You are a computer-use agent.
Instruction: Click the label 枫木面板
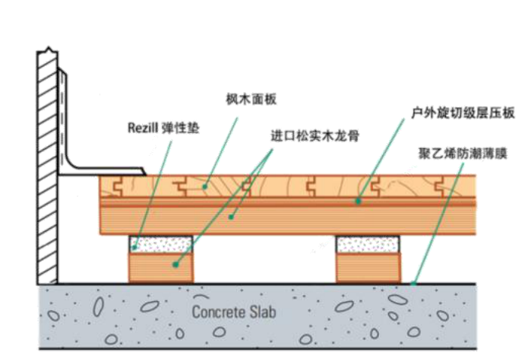251,100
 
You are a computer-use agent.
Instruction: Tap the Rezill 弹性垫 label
163,128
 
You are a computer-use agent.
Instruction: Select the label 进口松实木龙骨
315,136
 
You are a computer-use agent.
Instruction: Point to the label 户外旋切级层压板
463,113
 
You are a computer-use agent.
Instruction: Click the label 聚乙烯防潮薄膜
463,154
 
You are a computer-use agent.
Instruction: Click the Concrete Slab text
234,312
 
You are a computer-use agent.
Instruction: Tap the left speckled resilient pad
160,244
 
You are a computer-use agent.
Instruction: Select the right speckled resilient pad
368,244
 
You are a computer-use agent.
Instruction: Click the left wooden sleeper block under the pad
161,268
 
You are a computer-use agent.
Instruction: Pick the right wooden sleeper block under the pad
368,268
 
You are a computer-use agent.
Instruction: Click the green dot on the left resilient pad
134,248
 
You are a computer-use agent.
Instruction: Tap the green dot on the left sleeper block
175,265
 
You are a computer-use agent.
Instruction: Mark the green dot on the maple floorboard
204,186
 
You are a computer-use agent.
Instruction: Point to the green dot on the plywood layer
359,202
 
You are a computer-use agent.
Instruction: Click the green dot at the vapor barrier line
413,284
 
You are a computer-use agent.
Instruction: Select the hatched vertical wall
47,167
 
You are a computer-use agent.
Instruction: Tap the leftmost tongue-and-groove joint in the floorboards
118,186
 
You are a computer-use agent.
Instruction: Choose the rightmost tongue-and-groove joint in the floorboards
439,186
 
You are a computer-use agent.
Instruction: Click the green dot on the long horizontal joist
231,217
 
